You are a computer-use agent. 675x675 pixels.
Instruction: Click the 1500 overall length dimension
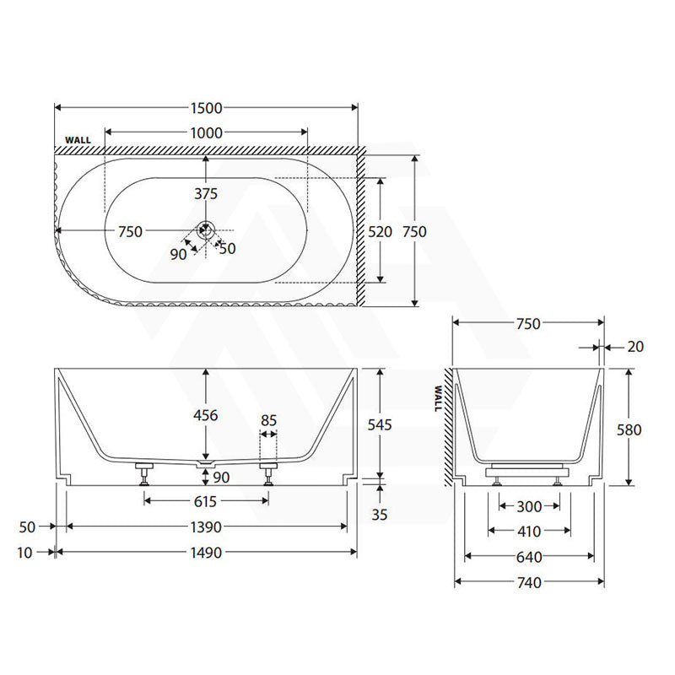(206, 108)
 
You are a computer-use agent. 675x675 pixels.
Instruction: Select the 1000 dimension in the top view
(206, 133)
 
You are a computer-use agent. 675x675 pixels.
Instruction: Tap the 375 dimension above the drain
(206, 194)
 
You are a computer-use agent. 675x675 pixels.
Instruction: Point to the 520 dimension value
(381, 231)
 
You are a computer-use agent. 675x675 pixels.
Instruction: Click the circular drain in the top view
(206, 229)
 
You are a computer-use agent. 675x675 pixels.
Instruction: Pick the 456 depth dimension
(206, 415)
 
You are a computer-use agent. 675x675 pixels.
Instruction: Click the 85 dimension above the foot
(268, 420)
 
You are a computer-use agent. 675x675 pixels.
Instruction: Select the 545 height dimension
(380, 425)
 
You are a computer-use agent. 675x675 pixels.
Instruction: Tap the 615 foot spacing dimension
(205, 501)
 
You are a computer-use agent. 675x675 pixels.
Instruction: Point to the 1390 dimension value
(206, 526)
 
